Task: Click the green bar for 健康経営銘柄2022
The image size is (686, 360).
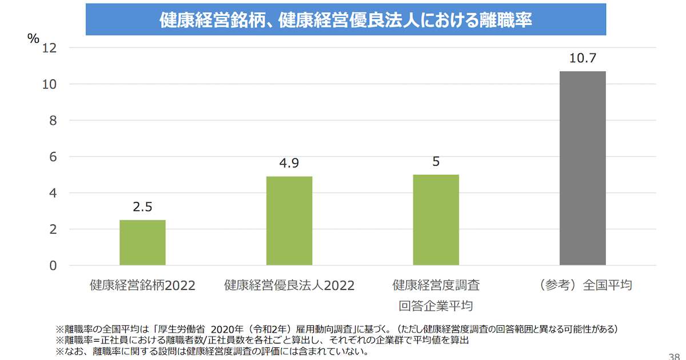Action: (x=142, y=242)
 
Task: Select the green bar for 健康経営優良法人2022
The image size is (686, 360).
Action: (x=289, y=221)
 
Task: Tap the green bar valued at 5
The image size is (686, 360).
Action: (x=436, y=219)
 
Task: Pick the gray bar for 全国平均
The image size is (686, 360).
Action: (x=583, y=168)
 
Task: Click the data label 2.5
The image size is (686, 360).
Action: (x=142, y=207)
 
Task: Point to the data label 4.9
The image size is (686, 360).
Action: (x=289, y=163)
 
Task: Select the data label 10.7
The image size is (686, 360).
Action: (x=583, y=58)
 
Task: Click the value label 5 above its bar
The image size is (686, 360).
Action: (x=436, y=162)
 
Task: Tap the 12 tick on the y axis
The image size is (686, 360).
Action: (x=50, y=47)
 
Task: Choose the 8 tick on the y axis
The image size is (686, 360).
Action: (x=53, y=121)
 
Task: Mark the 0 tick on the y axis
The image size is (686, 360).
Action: (x=53, y=266)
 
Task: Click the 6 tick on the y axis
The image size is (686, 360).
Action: (x=53, y=157)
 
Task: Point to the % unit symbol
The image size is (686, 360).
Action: (x=33, y=38)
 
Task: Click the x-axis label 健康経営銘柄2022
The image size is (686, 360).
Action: (x=142, y=285)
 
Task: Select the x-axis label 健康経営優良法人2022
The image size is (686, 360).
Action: (x=289, y=285)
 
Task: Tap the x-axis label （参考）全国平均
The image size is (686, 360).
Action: (x=583, y=285)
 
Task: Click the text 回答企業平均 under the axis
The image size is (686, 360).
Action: (x=436, y=305)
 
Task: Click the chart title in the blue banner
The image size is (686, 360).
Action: (x=346, y=20)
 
